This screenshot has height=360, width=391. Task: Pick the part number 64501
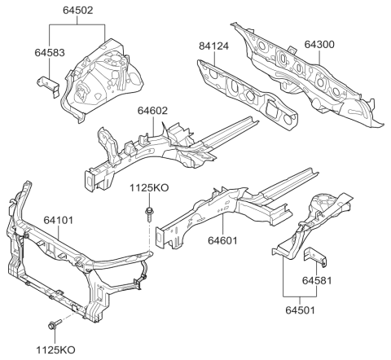point(299,309)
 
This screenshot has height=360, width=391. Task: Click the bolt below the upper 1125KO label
point(151,217)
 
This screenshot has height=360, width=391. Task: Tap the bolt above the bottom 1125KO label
point(53,324)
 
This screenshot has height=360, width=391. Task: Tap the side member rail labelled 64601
point(228,208)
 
